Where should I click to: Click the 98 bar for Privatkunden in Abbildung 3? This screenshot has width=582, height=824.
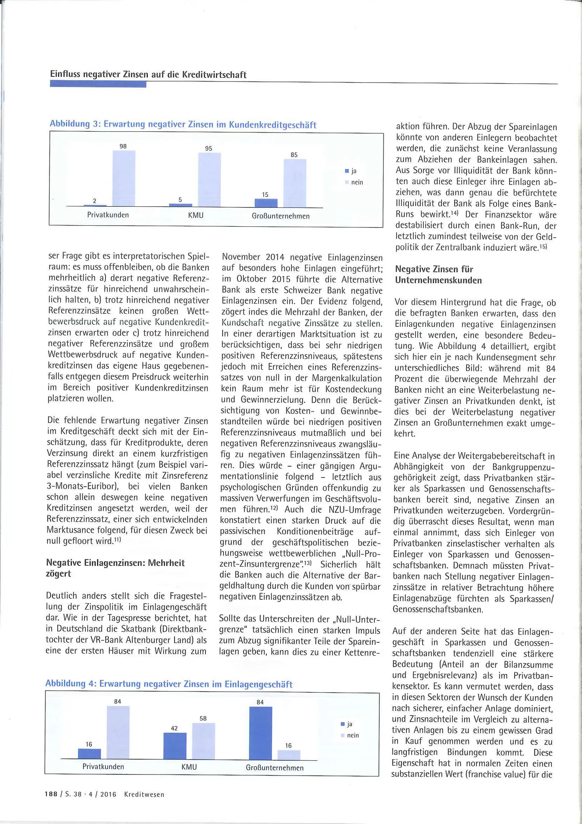tap(124, 178)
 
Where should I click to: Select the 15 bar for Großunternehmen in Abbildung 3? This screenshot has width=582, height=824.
tap(266, 203)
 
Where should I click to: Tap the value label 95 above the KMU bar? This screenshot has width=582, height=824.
tap(208, 148)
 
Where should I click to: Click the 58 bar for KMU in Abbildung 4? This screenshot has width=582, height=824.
tap(203, 741)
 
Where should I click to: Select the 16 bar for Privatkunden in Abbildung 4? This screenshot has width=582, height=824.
tap(89, 753)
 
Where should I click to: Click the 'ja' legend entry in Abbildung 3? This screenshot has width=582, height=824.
tap(351, 171)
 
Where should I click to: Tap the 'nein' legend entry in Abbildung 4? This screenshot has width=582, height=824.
tap(350, 735)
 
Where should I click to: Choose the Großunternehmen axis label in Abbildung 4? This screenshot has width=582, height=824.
tap(275, 768)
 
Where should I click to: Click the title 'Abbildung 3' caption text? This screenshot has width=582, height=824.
tap(183, 124)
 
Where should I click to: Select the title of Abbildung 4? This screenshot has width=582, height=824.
tap(169, 684)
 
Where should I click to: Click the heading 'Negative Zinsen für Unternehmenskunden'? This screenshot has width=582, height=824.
tap(438, 275)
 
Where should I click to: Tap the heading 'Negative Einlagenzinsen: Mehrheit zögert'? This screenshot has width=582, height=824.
tap(115, 568)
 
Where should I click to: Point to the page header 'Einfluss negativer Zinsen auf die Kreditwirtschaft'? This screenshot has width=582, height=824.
tap(148, 75)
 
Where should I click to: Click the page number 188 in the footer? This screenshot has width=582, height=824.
tap(51, 795)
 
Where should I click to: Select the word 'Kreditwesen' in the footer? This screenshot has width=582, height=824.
tap(144, 795)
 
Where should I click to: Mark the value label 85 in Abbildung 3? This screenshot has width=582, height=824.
tap(294, 155)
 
